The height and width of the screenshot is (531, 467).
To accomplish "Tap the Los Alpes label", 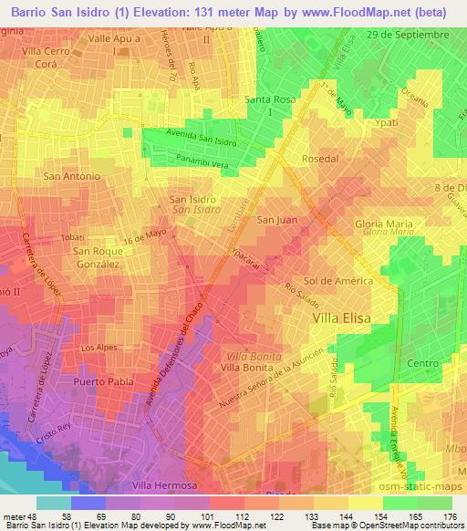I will [99, 349].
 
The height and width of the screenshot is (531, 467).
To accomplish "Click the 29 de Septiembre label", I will [420, 34].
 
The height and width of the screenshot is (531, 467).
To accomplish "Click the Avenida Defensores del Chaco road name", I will [182, 356].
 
